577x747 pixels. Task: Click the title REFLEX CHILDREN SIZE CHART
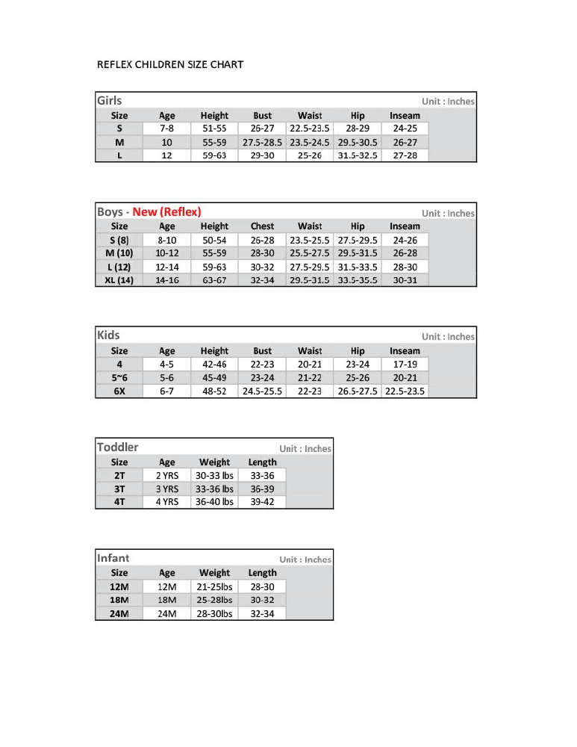click(x=170, y=64)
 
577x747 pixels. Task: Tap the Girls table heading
click(x=109, y=101)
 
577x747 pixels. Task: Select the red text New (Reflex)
click(x=166, y=211)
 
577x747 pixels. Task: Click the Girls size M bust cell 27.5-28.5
click(x=262, y=142)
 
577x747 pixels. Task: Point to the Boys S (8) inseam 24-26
click(x=405, y=241)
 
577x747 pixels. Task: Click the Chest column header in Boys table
click(x=262, y=226)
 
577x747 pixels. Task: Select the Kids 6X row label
click(x=119, y=391)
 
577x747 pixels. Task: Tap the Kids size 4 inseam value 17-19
click(x=405, y=365)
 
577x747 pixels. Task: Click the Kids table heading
click(x=108, y=335)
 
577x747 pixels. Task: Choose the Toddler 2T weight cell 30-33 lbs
click(x=214, y=475)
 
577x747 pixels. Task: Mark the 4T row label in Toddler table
click(x=119, y=502)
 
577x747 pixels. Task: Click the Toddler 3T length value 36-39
click(x=262, y=489)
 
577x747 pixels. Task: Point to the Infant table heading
click(x=113, y=558)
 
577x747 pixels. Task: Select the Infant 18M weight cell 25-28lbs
click(x=214, y=600)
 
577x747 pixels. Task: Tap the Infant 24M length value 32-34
click(x=262, y=614)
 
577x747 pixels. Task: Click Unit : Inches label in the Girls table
click(x=448, y=102)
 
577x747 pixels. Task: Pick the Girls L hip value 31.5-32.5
click(x=358, y=155)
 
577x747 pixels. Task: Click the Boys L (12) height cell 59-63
click(x=214, y=267)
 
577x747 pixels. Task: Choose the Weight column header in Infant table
click(x=214, y=573)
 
